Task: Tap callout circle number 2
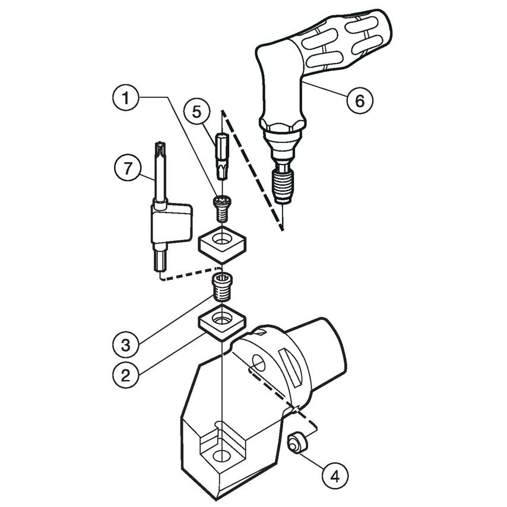coord(126,375)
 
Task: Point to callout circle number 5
coord(197,112)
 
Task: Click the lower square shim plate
coord(223,322)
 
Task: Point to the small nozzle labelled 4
coord(296,443)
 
